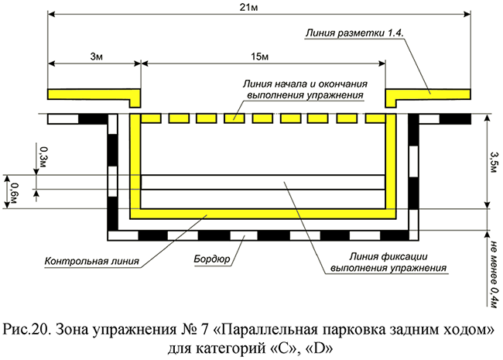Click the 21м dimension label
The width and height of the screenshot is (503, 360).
coord(258,7)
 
